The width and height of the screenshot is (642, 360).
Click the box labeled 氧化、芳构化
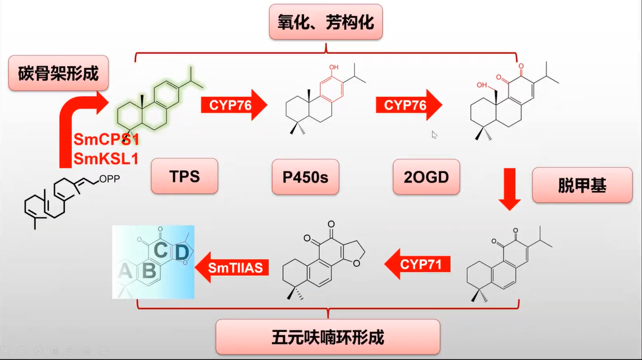tap(326, 23)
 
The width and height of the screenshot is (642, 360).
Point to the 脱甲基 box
tap(582, 185)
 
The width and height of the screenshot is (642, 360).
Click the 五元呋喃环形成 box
tap(328, 337)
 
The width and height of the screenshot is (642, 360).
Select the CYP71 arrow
tap(417, 265)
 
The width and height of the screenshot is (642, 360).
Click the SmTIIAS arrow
tap(233, 268)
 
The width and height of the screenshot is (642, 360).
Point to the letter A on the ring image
tap(125, 271)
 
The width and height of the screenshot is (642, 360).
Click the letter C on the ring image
tap(161, 250)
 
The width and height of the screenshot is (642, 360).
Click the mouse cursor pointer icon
tap(434, 135)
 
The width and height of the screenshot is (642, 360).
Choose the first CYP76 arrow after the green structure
tap(233, 105)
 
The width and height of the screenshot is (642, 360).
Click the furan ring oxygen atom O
tap(356, 263)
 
